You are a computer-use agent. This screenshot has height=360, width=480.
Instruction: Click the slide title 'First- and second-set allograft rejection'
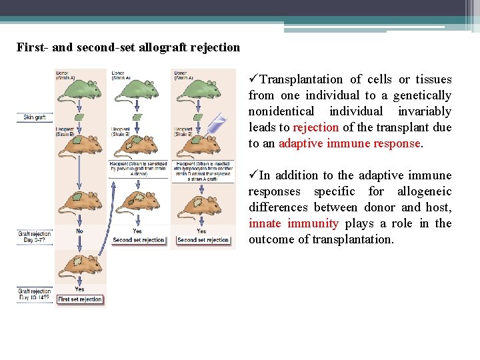(128, 47)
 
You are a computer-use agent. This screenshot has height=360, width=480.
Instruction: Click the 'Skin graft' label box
(34, 117)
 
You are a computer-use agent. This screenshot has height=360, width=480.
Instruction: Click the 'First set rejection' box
(80, 299)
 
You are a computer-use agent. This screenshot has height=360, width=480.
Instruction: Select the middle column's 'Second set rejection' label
(138, 240)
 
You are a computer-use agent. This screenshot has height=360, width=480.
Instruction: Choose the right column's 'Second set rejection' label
(203, 240)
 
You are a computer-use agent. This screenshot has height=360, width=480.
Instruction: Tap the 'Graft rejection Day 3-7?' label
(34, 237)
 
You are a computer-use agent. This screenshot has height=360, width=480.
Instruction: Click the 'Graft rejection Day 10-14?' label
(34, 294)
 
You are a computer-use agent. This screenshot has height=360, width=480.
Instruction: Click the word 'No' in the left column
(79, 231)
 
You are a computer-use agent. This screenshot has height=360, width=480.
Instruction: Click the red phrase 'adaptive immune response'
(349, 143)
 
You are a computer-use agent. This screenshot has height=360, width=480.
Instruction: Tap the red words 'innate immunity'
(293, 223)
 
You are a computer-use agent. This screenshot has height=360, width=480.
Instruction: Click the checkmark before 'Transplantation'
(253, 79)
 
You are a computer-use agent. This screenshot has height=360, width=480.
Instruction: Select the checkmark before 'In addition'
(253, 175)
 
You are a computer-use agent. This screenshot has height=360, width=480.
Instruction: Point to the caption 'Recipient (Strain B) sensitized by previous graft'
(138, 169)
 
